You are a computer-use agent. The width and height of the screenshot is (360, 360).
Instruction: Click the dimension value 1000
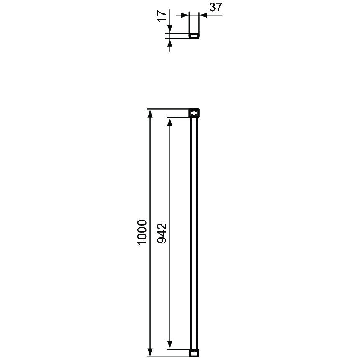point(142,233)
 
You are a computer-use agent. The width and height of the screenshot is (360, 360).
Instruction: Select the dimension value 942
point(162,233)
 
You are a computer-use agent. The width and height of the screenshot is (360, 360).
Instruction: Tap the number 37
point(216,8)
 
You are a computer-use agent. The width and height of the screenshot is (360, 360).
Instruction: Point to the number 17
point(162,16)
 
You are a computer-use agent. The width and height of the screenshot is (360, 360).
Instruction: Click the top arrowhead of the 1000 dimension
point(150,113)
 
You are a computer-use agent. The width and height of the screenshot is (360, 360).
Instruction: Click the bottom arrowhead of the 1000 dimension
point(150,353)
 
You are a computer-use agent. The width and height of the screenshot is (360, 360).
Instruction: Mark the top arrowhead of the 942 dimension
point(170,122)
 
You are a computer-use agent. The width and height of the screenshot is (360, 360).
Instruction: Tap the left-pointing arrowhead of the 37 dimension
point(203,15)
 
